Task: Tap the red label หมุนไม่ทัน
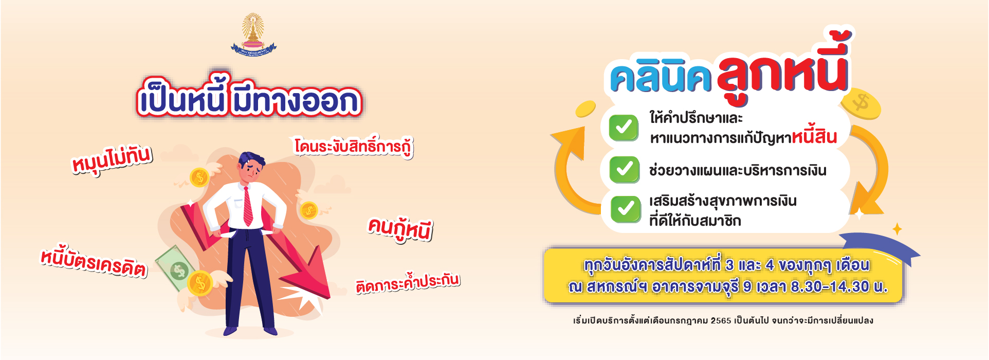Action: [112, 159]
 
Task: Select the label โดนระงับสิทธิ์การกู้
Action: [354, 146]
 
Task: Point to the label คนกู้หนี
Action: [400, 229]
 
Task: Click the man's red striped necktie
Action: [248, 206]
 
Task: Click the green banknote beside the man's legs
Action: [174, 267]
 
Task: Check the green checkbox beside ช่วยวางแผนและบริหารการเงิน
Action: [624, 170]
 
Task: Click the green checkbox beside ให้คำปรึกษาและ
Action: [624, 128]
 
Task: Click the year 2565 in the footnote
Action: [721, 320]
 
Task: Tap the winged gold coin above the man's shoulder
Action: [200, 177]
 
